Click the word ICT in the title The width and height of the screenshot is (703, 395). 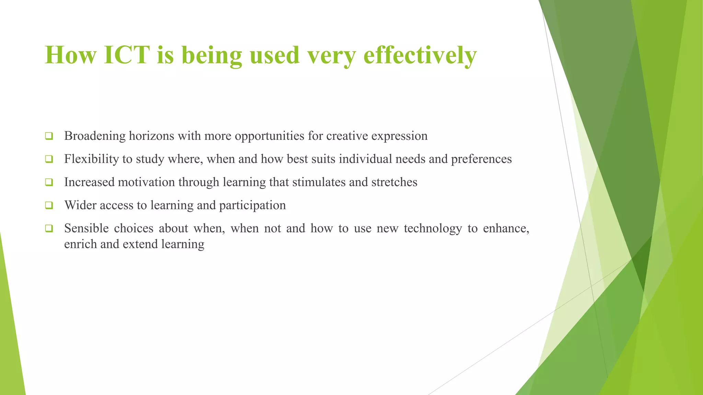(126, 55)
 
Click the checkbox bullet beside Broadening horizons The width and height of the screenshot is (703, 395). (49, 136)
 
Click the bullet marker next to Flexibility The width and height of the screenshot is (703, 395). (49, 159)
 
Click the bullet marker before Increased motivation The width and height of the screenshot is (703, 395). (49, 182)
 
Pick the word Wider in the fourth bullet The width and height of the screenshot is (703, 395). (80, 205)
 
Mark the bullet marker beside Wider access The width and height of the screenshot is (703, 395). (49, 205)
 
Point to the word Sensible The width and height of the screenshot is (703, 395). (87, 228)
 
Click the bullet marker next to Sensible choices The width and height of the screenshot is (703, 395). (49, 228)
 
